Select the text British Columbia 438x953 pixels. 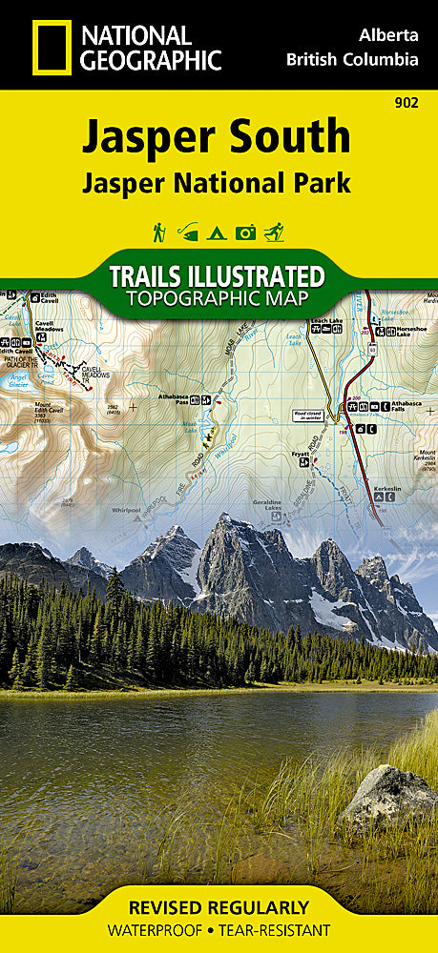pos(352,59)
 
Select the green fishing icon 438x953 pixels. pos(188,232)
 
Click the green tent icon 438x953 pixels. pos(217,232)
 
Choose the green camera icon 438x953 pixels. pos(245,232)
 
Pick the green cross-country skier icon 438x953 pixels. pos(275,232)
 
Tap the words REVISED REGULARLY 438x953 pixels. pos(219,907)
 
